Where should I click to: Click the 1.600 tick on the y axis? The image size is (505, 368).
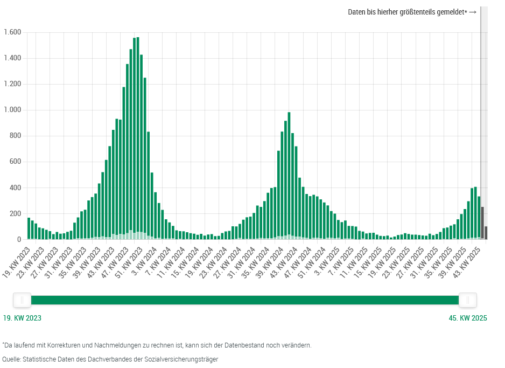tap(12, 32)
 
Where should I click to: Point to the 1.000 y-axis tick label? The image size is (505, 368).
tap(12, 110)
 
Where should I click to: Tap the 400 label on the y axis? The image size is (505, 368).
tap(15, 188)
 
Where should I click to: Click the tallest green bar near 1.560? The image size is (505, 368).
tap(138, 135)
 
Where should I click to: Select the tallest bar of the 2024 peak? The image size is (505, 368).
tap(289, 172)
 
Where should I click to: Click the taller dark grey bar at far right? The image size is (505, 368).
tap(482, 223)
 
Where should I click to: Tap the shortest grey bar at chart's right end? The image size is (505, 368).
tap(486, 233)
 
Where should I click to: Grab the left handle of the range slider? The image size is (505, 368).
tap(22, 300)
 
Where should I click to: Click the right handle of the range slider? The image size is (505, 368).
tap(467, 300)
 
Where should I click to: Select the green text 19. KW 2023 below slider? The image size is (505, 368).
tap(22, 318)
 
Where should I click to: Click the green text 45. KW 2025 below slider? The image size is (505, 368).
tap(467, 318)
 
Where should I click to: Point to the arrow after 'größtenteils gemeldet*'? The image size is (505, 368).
tap(473, 12)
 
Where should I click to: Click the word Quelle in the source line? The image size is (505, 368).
tap(11, 359)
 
